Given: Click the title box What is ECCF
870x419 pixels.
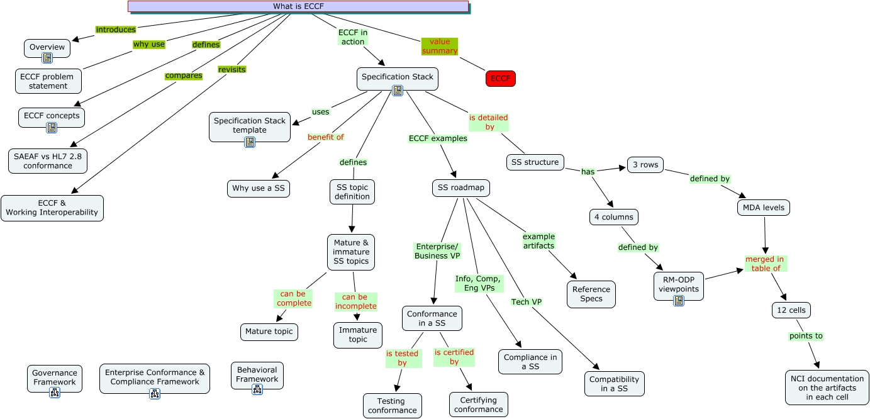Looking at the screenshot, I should [298, 6].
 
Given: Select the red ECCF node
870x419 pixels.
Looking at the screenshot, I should [501, 79].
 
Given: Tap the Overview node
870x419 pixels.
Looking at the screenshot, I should [47, 47].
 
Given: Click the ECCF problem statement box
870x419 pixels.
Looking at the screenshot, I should [48, 81].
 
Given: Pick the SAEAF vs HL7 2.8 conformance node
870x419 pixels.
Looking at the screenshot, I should [48, 161].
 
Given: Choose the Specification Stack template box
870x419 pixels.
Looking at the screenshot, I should [250, 125].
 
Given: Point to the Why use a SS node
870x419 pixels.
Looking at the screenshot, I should [259, 188].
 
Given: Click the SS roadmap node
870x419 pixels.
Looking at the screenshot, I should [461, 187].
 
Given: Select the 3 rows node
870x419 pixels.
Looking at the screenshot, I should [646, 165].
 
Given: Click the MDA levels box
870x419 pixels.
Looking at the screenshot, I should [763, 207].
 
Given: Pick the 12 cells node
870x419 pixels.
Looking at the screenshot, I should [791, 310].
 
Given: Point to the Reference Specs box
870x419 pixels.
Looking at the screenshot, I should [591, 294].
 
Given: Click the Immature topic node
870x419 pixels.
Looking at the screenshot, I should [358, 335].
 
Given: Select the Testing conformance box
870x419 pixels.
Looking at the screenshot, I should [392, 406].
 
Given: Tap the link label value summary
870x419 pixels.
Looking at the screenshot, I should [440, 46].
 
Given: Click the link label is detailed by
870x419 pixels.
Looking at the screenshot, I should [489, 122].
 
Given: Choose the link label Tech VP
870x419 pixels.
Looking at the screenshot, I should [527, 302].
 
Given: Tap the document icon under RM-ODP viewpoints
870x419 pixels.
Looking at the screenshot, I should [679, 301].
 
